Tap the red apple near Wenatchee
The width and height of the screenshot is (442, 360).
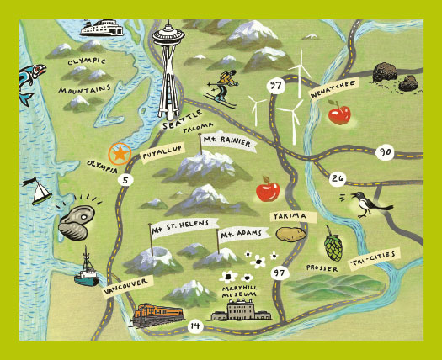pos(338,113)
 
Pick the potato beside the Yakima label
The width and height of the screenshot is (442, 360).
pos(290,233)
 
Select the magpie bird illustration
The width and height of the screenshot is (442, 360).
pos(365,203)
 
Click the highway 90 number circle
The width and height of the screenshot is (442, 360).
pos(386,152)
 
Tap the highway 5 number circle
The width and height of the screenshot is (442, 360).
pos(126,178)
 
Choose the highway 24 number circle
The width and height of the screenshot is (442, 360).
pos(338,178)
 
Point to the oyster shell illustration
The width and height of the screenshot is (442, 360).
pos(78,220)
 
